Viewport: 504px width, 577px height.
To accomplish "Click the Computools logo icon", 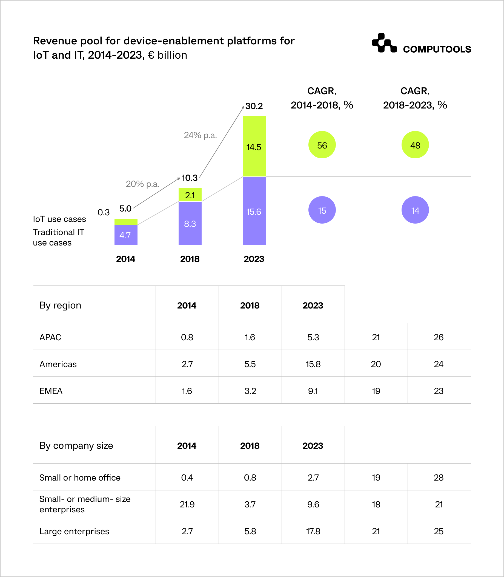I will pyautogui.click(x=384, y=43).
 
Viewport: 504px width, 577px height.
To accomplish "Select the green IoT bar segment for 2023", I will pyautogui.click(x=254, y=146).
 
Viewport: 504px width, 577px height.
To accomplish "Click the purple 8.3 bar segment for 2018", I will pyautogui.click(x=190, y=223).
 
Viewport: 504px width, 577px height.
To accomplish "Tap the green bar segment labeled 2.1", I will pyautogui.click(x=190, y=195).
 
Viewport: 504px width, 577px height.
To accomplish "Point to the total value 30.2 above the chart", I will pyautogui.click(x=254, y=106).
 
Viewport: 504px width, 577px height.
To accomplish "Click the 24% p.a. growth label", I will pyautogui.click(x=200, y=135).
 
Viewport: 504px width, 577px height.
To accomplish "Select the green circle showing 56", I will pyautogui.click(x=322, y=145).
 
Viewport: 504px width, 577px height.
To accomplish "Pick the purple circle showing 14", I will pyautogui.click(x=415, y=210).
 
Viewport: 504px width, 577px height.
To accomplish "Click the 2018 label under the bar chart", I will pyautogui.click(x=190, y=259).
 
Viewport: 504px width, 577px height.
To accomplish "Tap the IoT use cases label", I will pyautogui.click(x=59, y=219).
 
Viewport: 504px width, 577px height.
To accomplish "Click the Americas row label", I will pyautogui.click(x=58, y=364).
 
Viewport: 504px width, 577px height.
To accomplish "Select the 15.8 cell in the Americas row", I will pyautogui.click(x=313, y=364).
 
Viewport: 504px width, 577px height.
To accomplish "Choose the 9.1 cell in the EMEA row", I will pyautogui.click(x=313, y=391).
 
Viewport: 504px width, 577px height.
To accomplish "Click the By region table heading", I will pyautogui.click(x=60, y=305).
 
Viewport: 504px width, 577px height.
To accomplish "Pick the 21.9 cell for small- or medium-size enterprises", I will pyautogui.click(x=187, y=504).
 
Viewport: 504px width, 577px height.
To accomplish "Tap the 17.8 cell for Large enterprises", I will pyautogui.click(x=313, y=531).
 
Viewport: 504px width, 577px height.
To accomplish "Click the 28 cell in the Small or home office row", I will pyautogui.click(x=439, y=478).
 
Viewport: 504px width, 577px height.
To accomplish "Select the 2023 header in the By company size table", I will pyautogui.click(x=313, y=445).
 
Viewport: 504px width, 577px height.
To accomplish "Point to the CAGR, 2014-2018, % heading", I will pyautogui.click(x=322, y=98).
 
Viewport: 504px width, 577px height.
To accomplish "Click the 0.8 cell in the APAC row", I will pyautogui.click(x=187, y=337).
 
